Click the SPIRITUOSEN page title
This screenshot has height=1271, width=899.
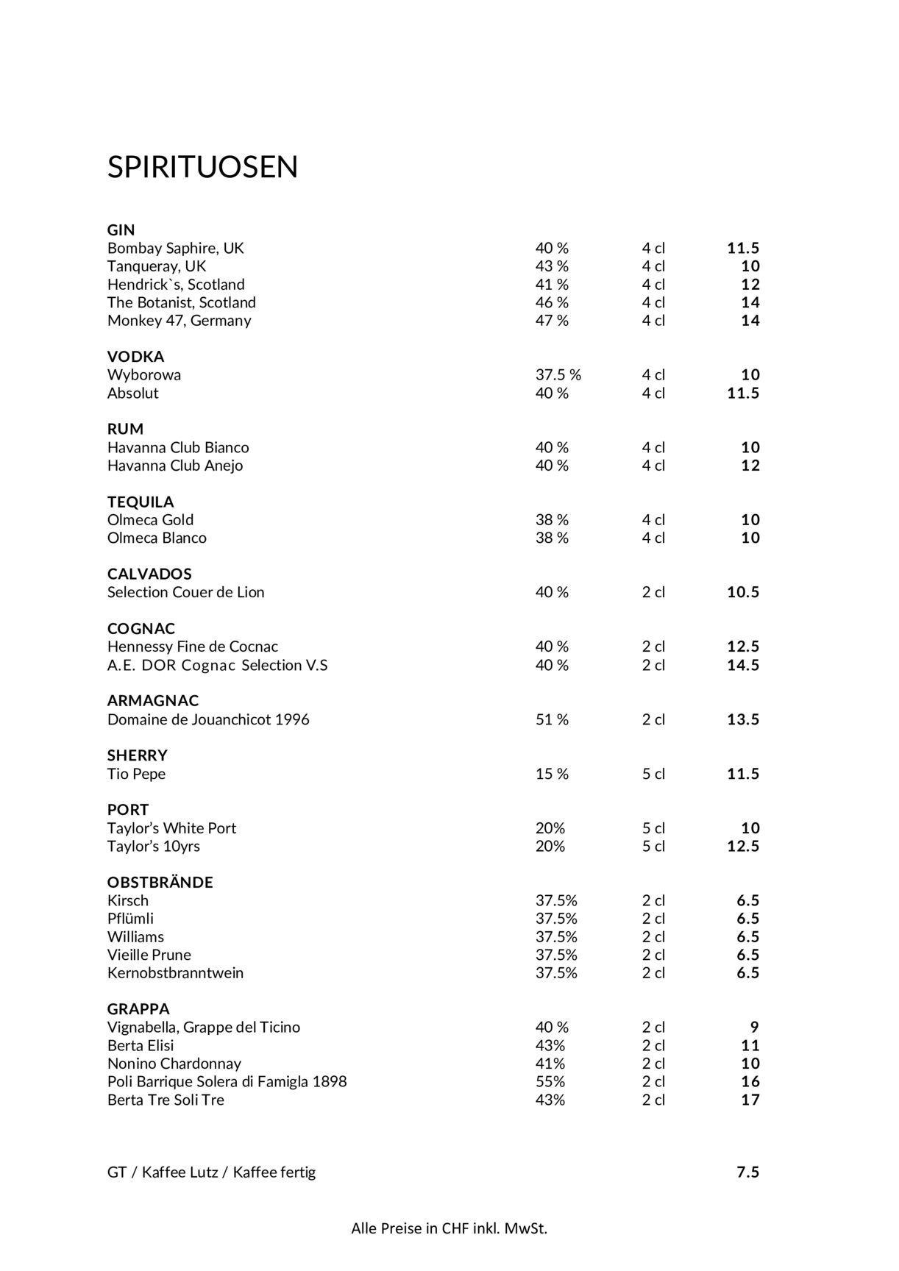(x=202, y=167)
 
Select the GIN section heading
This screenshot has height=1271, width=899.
(x=121, y=230)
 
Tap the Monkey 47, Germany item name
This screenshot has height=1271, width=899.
(x=179, y=321)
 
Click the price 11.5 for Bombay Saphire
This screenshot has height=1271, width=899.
(x=743, y=249)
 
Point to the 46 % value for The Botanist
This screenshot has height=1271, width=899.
(x=552, y=302)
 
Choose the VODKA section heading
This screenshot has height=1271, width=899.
(x=135, y=357)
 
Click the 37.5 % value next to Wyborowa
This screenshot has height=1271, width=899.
(x=558, y=375)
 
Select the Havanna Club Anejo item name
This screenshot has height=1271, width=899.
(x=175, y=466)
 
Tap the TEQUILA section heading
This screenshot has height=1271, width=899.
(x=141, y=502)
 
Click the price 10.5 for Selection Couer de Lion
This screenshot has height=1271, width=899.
(x=743, y=592)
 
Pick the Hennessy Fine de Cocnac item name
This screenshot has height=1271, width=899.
(x=193, y=647)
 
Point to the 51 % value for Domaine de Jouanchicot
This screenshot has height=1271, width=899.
(x=552, y=719)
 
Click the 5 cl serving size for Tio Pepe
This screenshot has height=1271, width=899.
(x=653, y=774)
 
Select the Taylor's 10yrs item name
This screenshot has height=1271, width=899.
(x=154, y=847)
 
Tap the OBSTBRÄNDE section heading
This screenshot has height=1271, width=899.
(x=160, y=883)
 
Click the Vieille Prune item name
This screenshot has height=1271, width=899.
(x=149, y=955)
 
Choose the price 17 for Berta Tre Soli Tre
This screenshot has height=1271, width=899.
(x=750, y=1100)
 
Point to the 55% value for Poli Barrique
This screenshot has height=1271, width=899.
(x=550, y=1082)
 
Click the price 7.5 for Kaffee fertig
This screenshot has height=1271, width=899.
(x=747, y=1172)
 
